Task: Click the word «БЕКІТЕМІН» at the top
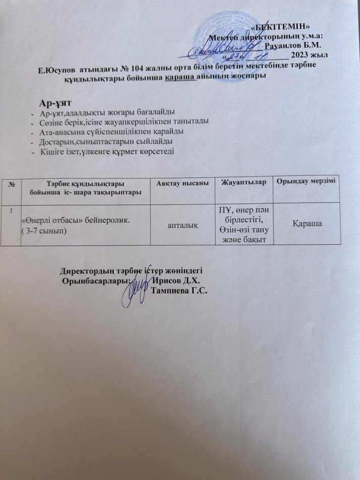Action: coord(284,26)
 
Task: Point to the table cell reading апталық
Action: coord(183,223)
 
